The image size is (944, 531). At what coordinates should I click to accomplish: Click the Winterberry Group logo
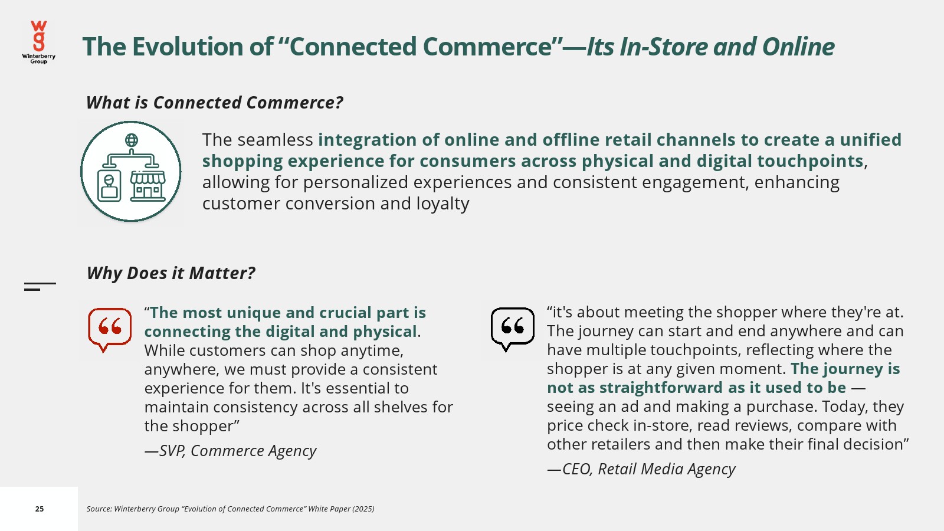[x=39, y=42]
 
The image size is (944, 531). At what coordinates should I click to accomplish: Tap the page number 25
[x=39, y=509]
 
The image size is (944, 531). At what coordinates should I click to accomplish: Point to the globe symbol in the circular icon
[x=132, y=140]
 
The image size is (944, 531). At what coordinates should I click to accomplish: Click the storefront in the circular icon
[x=147, y=186]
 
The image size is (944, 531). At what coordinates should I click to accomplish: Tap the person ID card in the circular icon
[x=109, y=186]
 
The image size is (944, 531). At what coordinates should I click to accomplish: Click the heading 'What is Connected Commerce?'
[x=215, y=103]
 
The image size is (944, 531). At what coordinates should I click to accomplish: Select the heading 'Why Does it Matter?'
[x=171, y=273]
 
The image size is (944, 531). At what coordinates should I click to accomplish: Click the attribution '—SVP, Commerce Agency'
[x=230, y=451]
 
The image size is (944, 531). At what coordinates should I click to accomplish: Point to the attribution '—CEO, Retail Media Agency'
[x=641, y=468]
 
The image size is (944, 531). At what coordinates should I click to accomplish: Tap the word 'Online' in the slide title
[x=798, y=47]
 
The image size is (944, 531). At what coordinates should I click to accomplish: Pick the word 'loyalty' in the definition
[x=442, y=204]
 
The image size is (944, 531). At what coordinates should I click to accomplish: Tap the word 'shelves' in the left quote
[x=393, y=407]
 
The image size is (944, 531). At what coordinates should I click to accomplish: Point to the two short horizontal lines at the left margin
[x=40, y=287]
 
